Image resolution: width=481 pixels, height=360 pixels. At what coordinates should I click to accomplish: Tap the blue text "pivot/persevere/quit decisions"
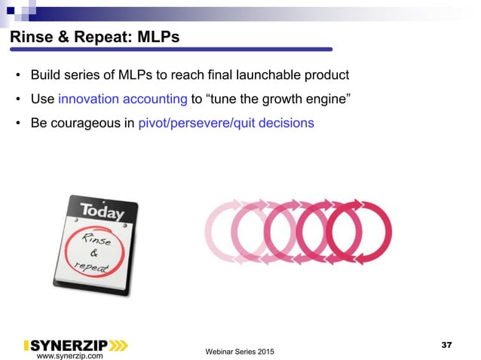(226, 123)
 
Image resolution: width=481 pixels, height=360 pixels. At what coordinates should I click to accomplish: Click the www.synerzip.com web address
(70, 355)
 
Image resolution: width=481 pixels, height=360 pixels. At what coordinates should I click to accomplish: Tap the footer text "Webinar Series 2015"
(240, 352)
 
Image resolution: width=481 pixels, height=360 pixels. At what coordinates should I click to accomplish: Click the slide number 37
(446, 344)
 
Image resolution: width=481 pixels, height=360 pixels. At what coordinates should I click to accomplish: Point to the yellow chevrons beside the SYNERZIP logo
(119, 345)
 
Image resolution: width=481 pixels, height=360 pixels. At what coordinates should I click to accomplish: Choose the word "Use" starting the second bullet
(42, 99)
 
